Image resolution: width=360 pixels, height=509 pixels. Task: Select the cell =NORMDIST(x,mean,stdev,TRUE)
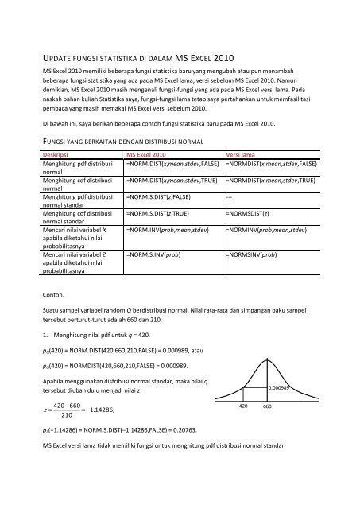tap(273, 181)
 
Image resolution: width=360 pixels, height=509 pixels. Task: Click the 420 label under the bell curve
tap(245, 406)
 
